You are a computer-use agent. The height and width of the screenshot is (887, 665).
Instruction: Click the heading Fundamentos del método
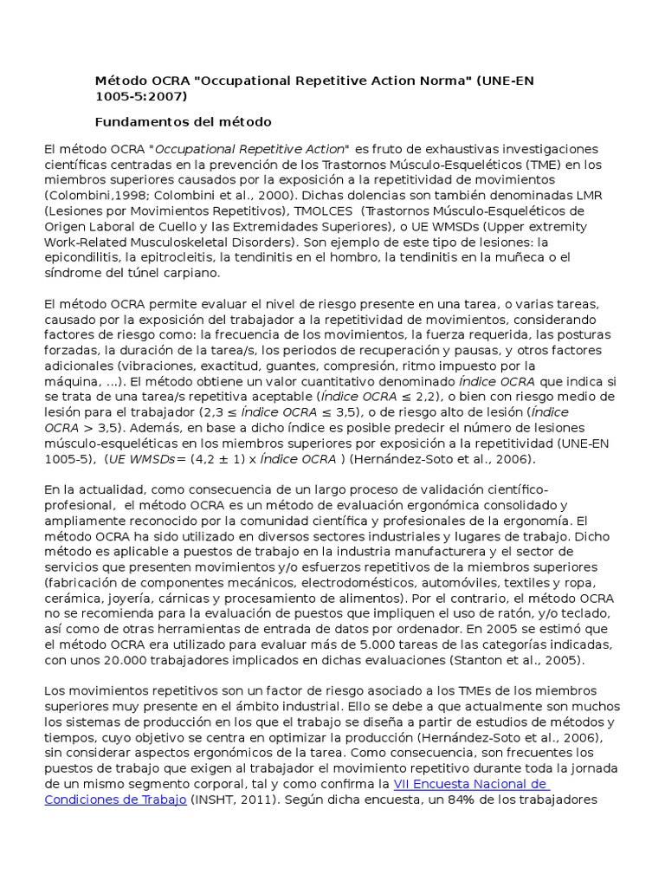point(183,121)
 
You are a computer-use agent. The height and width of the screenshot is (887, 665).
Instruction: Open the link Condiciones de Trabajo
point(115,800)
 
